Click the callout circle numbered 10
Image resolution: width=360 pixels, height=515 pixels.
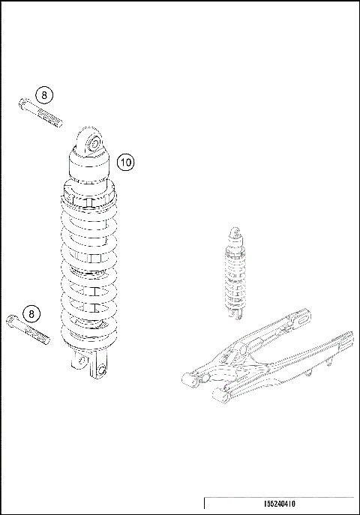click(125, 161)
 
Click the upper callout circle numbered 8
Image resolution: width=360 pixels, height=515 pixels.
click(44, 95)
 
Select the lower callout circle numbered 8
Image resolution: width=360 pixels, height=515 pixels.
click(31, 313)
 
